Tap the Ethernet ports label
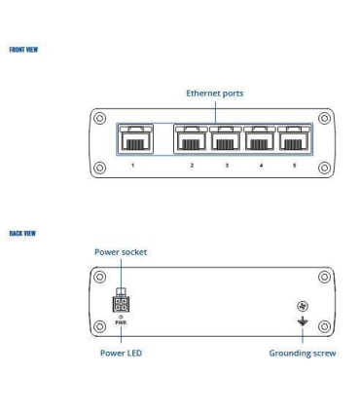click(215, 94)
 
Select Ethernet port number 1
click(132, 139)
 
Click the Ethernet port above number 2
click(191, 139)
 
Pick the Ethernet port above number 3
click(226, 139)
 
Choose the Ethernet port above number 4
click(260, 139)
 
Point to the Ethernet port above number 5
click(294, 139)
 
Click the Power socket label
click(122, 249)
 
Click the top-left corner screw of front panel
click(98, 116)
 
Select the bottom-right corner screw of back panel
click(326, 326)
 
